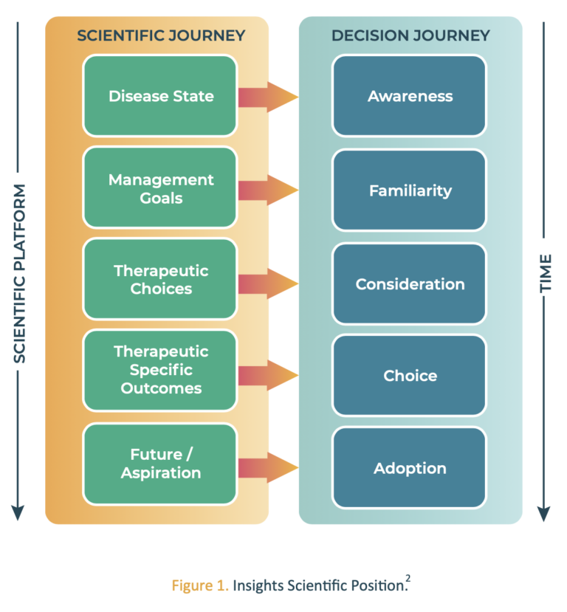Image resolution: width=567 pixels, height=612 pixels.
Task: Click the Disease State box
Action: click(160, 96)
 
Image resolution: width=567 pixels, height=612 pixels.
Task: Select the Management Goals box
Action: click(160, 188)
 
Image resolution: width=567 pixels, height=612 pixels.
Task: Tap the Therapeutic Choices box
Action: click(160, 280)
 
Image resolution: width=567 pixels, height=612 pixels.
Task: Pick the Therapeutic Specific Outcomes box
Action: click(160, 370)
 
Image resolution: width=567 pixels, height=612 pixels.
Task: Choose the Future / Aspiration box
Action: click(160, 464)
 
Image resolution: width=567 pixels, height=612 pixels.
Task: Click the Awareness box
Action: click(410, 96)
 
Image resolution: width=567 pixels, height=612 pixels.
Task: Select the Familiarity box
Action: click(410, 190)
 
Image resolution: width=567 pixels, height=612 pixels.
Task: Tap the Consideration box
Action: click(410, 284)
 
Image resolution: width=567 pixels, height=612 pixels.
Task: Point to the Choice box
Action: click(410, 376)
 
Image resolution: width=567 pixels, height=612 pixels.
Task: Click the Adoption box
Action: click(410, 468)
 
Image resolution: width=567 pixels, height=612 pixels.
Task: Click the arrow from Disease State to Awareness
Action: click(267, 97)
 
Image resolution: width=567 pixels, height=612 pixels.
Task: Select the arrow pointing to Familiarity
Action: click(267, 190)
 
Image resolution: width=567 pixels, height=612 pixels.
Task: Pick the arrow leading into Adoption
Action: click(267, 468)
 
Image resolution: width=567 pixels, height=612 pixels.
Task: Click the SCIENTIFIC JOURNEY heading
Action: click(161, 35)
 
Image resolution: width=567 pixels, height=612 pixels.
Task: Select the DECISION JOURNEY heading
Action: click(410, 35)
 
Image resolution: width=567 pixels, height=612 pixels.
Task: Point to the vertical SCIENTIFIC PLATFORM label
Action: click(19, 273)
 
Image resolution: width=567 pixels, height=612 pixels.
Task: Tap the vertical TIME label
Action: click(546, 273)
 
